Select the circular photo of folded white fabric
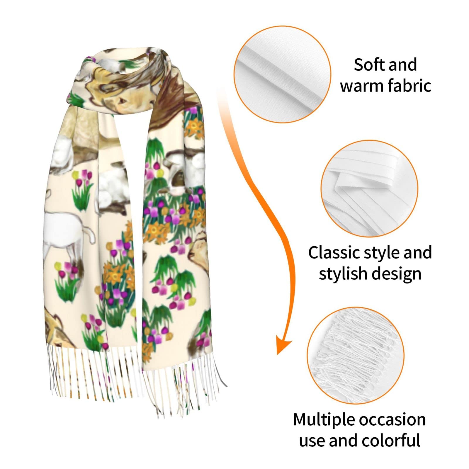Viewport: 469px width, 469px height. [x=369, y=188]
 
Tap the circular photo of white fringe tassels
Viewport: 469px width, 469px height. [x=356, y=355]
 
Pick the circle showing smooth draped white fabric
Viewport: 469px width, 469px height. [x=282, y=74]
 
